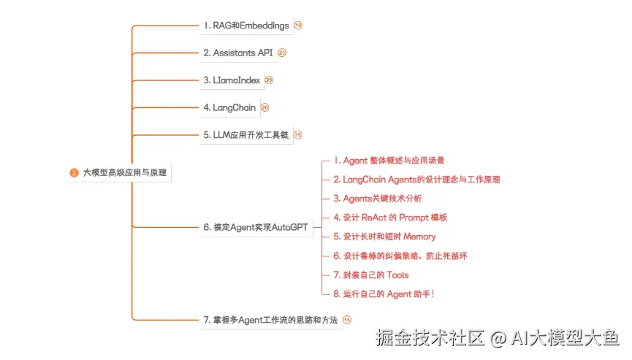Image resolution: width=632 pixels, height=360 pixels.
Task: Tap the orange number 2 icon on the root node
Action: point(74,173)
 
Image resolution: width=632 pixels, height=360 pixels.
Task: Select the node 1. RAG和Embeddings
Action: point(245,26)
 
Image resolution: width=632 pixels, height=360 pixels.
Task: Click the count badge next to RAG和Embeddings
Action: point(298,26)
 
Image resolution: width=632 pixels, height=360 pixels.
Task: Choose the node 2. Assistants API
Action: point(237,53)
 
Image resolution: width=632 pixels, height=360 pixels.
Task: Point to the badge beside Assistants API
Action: point(282,53)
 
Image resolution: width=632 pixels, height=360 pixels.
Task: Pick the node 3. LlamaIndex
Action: point(231,80)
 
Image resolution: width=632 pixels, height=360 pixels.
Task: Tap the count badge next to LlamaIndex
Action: point(269,80)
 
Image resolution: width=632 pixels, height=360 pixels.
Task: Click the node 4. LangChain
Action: point(229,107)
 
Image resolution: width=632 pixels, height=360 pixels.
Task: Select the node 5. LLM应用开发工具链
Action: point(245,134)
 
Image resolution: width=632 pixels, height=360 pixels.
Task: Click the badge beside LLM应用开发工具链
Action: point(298,134)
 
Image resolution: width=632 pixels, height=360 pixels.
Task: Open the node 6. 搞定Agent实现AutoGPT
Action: point(256,227)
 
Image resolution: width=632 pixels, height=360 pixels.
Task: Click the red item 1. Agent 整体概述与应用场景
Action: point(389,160)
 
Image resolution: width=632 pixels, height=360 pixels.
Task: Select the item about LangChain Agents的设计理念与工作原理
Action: point(416,179)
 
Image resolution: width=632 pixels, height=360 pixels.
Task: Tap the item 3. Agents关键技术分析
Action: point(377,198)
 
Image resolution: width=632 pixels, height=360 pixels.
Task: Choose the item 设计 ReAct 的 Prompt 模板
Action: point(389,217)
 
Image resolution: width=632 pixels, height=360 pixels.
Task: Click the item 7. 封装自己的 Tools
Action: point(370,275)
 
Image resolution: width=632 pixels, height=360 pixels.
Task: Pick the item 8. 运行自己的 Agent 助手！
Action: point(384,294)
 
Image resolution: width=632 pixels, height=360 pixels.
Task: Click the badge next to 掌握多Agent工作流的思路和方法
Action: point(347,320)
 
